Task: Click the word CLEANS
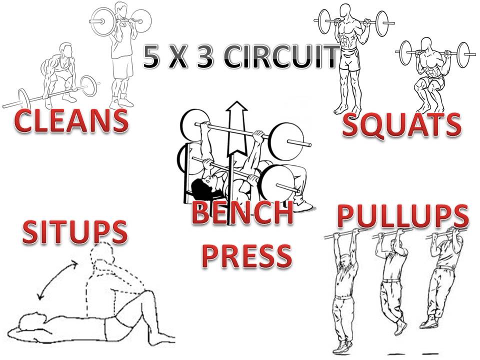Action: pos(70,122)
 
